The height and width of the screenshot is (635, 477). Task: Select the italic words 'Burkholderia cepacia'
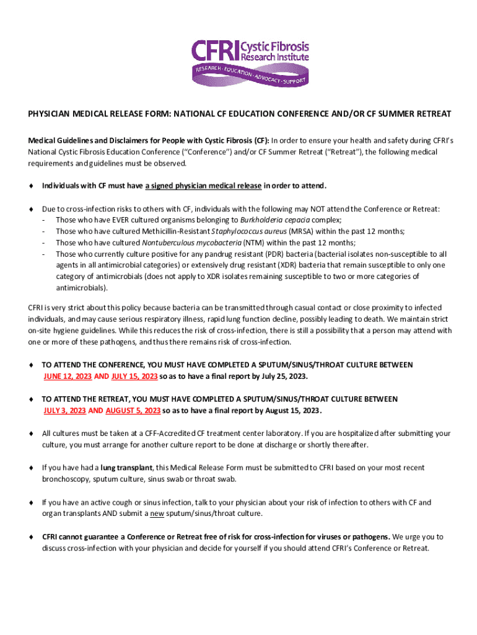point(275,220)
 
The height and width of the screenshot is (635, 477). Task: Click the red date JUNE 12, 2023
point(67,376)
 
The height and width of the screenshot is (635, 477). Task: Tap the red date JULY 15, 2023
point(134,376)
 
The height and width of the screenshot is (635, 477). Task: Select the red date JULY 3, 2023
point(64,411)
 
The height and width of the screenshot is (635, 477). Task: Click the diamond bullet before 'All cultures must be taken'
point(31,433)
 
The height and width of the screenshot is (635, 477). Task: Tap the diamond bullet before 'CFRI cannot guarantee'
point(31,536)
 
